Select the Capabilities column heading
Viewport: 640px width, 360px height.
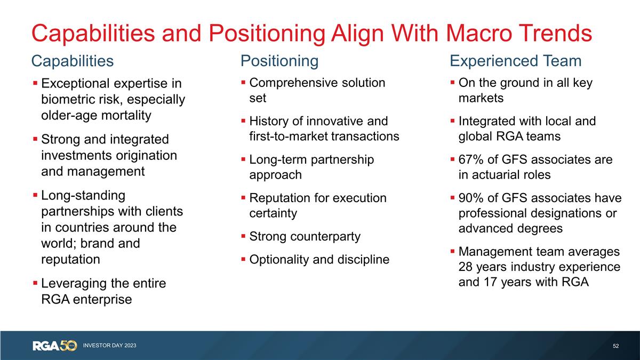click(73, 61)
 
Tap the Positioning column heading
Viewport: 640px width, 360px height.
click(279, 61)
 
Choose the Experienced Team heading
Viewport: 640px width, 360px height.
click(516, 61)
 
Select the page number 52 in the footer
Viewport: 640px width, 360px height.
click(616, 346)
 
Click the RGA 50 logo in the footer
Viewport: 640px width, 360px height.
click(55, 346)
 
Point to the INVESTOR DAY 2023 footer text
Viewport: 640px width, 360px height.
click(109, 346)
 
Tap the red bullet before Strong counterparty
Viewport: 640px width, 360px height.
click(243, 236)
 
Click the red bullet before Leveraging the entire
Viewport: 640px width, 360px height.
click(35, 283)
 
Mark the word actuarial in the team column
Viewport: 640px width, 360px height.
click(498, 175)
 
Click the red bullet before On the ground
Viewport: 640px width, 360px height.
click(452, 83)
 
